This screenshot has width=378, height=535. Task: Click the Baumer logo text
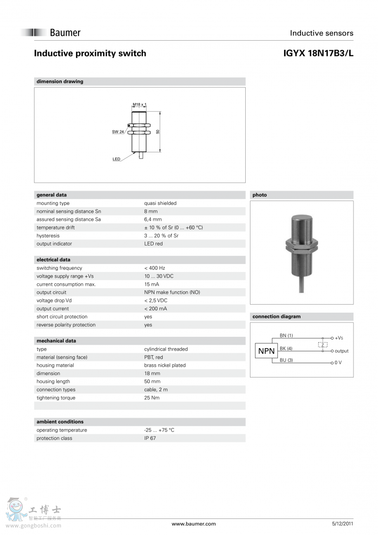coord(65,33)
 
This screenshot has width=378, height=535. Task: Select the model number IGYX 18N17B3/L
coord(318,53)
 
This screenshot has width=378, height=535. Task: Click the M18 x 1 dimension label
coord(139,104)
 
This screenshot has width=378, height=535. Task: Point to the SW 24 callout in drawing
coord(118,132)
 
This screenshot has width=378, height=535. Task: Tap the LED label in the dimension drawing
coord(116,159)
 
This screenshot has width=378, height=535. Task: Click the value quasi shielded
coord(160,203)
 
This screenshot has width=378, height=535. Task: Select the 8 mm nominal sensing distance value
coord(151,211)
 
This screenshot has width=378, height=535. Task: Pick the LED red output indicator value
coord(153,244)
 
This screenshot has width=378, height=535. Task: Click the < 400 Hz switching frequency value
coord(155,268)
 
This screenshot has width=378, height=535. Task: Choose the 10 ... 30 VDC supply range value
coord(159,276)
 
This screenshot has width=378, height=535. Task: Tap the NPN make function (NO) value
coord(172,292)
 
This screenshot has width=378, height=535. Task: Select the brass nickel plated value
coord(165,365)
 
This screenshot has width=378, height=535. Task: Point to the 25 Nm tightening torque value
coord(152,398)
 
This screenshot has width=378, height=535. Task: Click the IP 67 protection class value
coord(150,438)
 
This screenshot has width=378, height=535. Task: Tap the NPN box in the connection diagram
coord(266,351)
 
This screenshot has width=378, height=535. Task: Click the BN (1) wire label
coord(286,335)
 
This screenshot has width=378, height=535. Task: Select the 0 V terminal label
coord(338,362)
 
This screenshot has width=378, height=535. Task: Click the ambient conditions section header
coord(60,421)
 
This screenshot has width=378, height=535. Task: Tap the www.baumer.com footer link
coord(194,524)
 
